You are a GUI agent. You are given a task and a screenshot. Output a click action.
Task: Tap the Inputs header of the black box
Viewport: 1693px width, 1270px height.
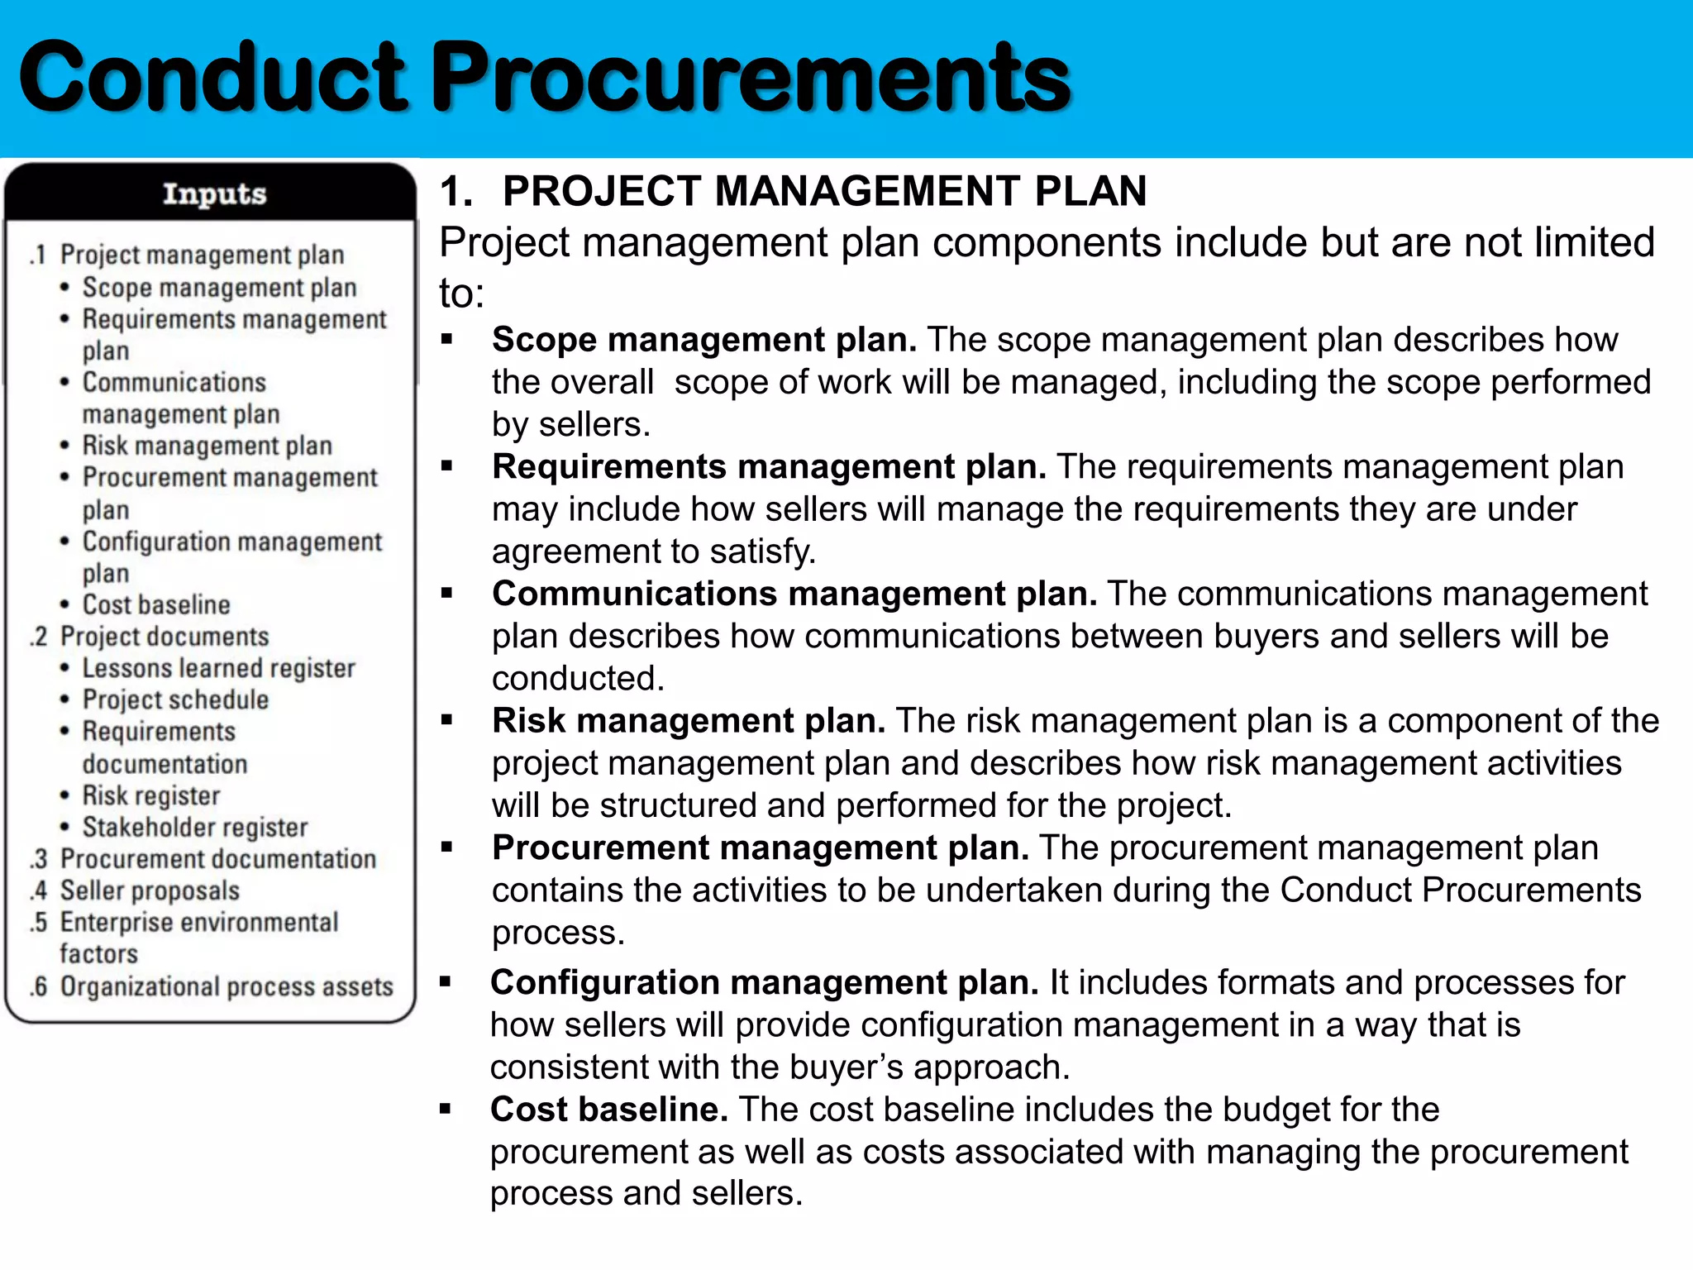(x=214, y=193)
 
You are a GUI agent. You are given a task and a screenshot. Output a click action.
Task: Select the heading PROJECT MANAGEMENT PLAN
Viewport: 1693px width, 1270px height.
(x=824, y=191)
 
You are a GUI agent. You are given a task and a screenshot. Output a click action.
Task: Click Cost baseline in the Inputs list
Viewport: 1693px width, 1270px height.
(x=155, y=604)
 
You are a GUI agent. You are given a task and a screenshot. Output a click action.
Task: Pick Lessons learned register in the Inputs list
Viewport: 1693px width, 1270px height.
(x=218, y=668)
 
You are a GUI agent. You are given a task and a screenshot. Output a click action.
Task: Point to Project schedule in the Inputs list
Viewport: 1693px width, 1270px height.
(x=175, y=699)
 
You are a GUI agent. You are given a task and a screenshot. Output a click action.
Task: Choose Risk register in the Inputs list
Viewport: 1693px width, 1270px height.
(x=151, y=795)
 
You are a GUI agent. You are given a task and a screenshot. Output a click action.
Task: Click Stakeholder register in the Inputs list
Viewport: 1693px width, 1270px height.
(x=195, y=827)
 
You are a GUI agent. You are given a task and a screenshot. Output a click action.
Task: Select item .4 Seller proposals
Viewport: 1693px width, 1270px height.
(x=150, y=890)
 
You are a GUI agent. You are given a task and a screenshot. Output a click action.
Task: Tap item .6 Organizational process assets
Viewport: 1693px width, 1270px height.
(x=226, y=986)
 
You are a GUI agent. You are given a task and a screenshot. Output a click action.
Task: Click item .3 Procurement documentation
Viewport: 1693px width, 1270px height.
(x=217, y=859)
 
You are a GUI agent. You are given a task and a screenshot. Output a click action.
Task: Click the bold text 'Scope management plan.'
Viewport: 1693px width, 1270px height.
(x=704, y=340)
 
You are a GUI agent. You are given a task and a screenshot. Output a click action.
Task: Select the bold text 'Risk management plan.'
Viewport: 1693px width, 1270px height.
(x=689, y=721)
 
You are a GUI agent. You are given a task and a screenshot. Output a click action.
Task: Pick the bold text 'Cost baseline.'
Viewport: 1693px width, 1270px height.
(x=608, y=1110)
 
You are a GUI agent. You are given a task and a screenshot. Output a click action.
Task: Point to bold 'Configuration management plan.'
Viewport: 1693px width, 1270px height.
(x=764, y=982)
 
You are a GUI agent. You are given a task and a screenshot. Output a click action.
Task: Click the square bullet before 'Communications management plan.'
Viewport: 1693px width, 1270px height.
(x=447, y=593)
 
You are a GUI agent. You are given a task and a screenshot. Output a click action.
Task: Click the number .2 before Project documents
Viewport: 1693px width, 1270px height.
(x=39, y=637)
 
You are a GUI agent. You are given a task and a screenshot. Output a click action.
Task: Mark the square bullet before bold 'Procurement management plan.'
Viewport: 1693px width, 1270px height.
(x=447, y=847)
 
